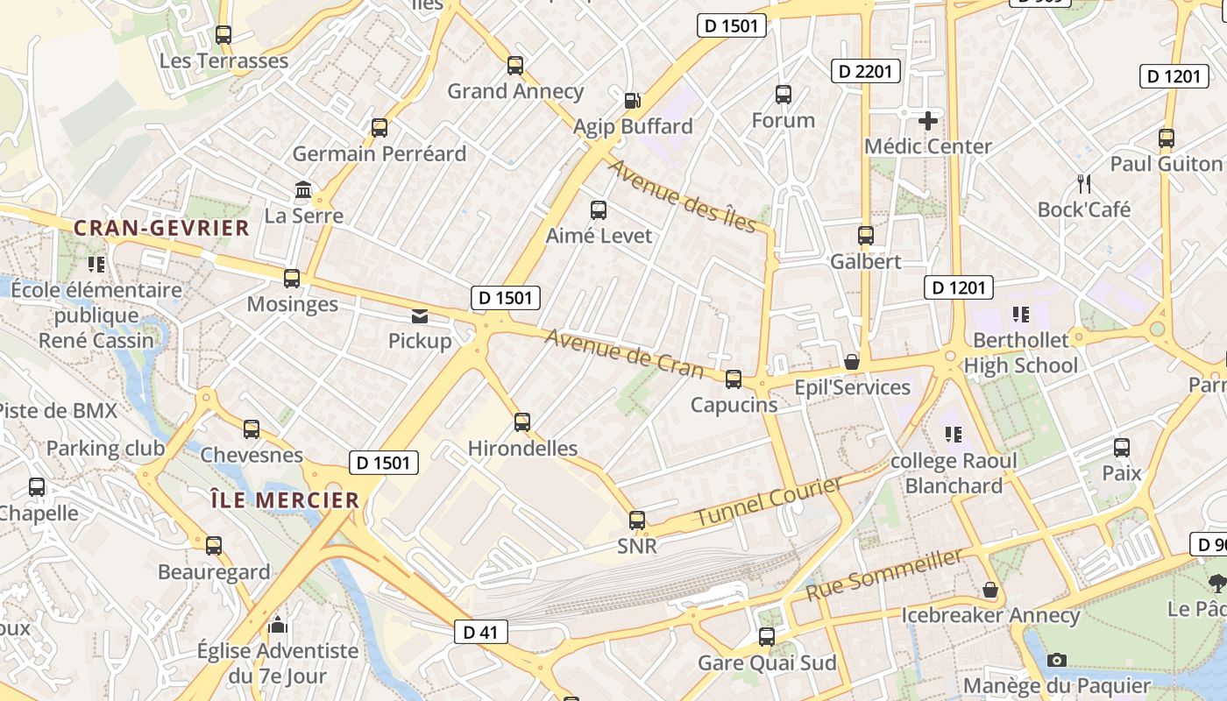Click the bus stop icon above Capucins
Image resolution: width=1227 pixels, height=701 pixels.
tap(734, 379)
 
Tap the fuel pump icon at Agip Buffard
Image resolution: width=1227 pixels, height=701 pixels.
tap(633, 101)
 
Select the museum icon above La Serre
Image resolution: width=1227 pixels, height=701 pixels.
tap(304, 189)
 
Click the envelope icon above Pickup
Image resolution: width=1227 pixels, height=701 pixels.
tap(420, 315)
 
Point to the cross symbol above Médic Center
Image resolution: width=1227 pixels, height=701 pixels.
tap(928, 121)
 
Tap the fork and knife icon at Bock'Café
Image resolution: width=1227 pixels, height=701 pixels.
tap(1084, 184)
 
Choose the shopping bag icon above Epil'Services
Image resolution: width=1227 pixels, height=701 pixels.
tap(851, 361)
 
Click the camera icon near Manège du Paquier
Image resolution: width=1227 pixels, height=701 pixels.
tap(1058, 660)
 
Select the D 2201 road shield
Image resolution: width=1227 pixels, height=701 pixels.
tap(866, 71)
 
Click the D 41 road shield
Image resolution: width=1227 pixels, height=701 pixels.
tap(481, 632)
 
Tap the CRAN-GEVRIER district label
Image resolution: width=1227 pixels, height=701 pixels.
tap(162, 229)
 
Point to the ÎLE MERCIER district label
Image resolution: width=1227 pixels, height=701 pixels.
tap(286, 500)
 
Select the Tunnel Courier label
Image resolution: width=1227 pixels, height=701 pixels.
tap(770, 502)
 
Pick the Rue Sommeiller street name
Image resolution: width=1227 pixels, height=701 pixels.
tap(884, 574)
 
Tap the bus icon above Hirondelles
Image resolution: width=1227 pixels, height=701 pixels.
tap(522, 422)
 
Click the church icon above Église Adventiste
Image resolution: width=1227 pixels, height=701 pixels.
tap(278, 625)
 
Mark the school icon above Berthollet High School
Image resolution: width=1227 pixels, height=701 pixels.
tap(1020, 314)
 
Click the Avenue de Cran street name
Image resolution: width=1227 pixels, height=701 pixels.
tap(624, 352)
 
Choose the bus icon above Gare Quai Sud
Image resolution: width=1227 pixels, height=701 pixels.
tap(767, 637)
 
